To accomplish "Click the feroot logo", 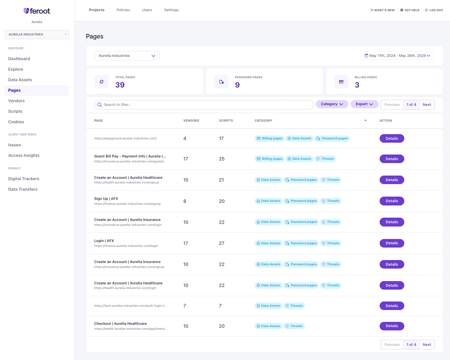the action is coord(37,11).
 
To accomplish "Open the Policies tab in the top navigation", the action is coord(123,10).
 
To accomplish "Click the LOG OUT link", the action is coord(434,10).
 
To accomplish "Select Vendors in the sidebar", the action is coord(16,101).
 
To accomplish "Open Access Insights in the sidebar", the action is coord(24,155).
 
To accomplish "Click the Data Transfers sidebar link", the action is coord(23,189).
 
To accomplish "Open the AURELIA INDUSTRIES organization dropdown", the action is coord(37,34).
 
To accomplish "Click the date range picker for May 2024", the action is coord(397,56).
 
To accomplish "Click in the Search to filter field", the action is coord(204,105).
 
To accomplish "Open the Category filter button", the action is coord(332,104).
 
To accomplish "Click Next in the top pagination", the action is coord(427,105).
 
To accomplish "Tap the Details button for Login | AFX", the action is coord(392,243).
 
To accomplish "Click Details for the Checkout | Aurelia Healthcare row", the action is coord(392,326).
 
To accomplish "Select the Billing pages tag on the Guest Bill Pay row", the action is coord(269,159).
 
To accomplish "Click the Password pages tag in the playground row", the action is coord(332,138).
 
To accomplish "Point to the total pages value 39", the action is coord(120,85).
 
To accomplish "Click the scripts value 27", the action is coord(221,243).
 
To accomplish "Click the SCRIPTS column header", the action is coord(226,121).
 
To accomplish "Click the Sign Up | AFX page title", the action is coord(106,199).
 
